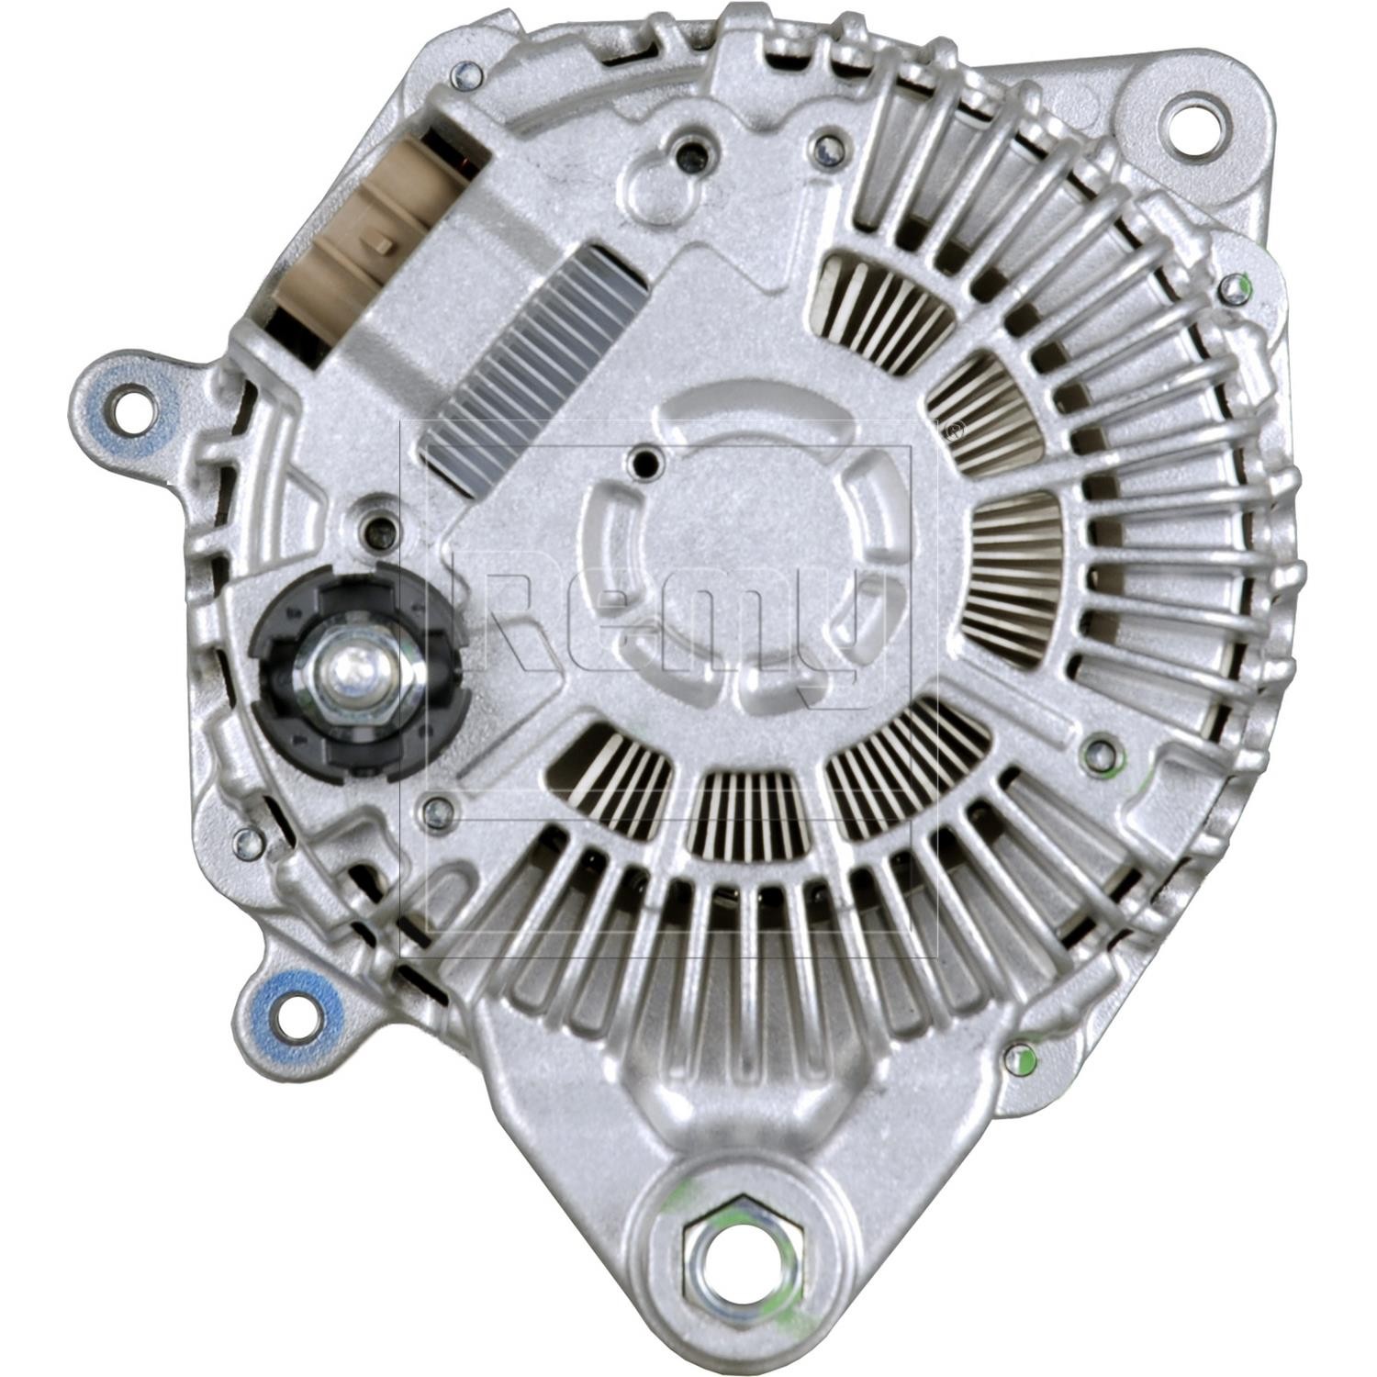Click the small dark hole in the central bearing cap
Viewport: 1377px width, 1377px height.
650,465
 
